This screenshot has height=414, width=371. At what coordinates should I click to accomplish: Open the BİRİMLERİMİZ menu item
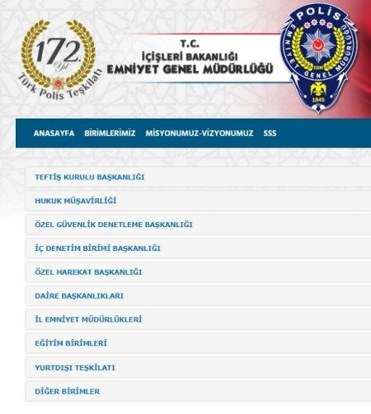click(110, 133)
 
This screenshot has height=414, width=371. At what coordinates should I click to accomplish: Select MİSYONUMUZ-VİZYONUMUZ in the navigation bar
click(199, 133)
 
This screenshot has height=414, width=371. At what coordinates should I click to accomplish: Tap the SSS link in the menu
click(270, 133)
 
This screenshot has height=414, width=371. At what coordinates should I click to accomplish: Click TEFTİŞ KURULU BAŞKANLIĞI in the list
click(90, 176)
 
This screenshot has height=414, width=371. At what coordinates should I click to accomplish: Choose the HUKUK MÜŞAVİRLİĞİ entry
click(75, 200)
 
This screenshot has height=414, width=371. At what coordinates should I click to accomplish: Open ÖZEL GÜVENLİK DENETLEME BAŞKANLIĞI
click(114, 224)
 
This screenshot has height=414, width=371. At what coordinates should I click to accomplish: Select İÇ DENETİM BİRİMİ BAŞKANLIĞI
click(97, 248)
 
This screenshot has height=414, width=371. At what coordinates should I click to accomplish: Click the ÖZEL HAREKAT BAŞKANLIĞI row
click(89, 272)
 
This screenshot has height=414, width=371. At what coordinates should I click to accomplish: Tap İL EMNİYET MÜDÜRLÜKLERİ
click(89, 319)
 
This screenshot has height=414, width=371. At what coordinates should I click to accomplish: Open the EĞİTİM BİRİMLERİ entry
click(71, 342)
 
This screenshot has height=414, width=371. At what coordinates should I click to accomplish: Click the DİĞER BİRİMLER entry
click(67, 391)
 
